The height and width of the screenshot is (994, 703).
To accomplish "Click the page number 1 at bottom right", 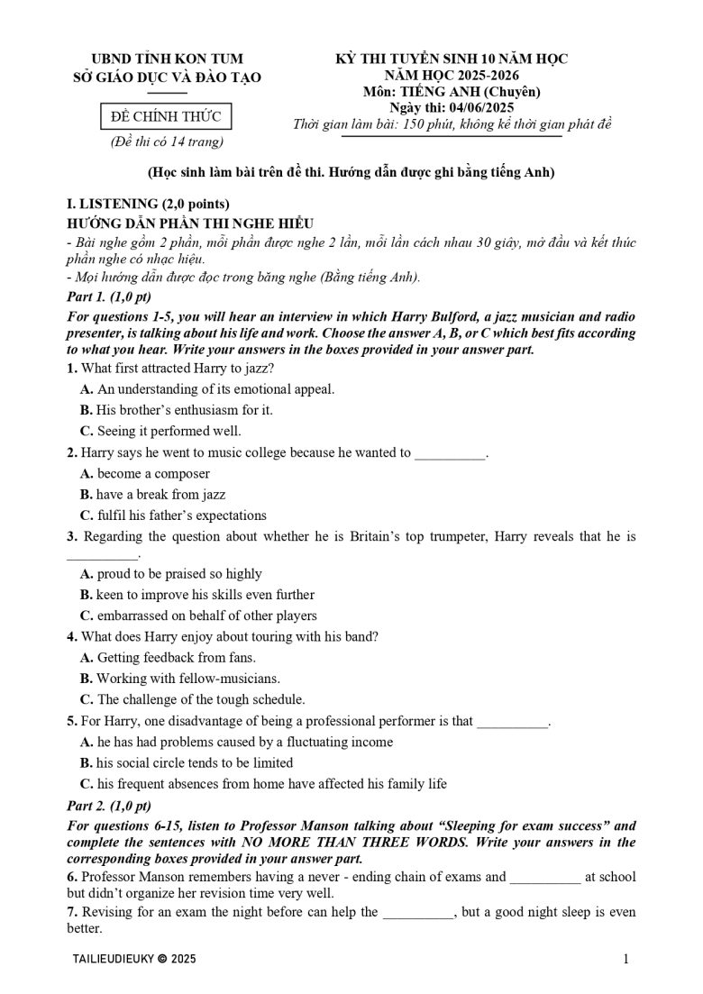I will [625, 959].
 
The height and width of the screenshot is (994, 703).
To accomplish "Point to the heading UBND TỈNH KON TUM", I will [160, 59].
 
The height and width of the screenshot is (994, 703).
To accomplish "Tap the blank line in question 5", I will [512, 722].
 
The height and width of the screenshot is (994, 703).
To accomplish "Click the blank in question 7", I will [419, 913].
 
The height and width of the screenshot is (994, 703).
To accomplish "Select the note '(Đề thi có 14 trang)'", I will [160, 141].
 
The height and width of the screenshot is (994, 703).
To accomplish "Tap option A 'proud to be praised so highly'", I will [171, 573].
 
